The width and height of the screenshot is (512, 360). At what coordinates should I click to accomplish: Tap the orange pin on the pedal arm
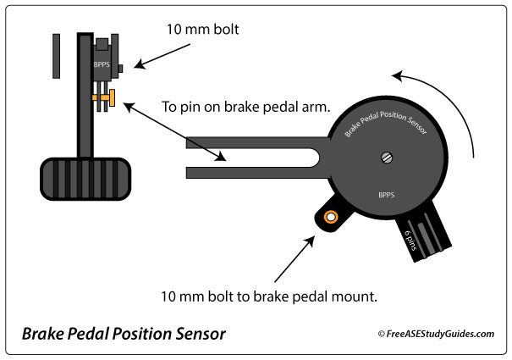(x=107, y=101)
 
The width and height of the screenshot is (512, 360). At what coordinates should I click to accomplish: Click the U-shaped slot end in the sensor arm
(x=311, y=157)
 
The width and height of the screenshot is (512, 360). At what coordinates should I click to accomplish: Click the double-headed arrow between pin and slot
(x=174, y=131)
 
